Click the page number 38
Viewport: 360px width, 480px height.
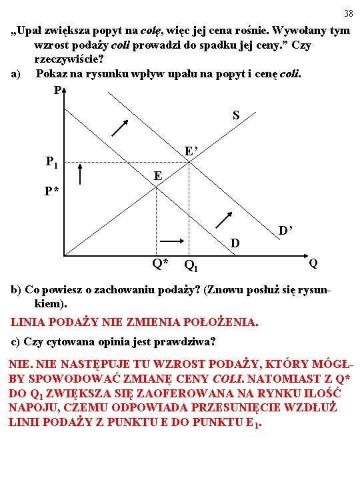[349, 14]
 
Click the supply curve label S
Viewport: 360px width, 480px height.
[236, 115]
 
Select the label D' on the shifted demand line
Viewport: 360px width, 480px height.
[286, 231]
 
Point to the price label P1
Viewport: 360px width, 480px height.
[52, 161]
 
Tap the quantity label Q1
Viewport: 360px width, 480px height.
[191, 266]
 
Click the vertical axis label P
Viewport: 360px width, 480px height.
[59, 91]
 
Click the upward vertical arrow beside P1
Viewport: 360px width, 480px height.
[80, 174]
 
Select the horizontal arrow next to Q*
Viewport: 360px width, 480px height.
[171, 241]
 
